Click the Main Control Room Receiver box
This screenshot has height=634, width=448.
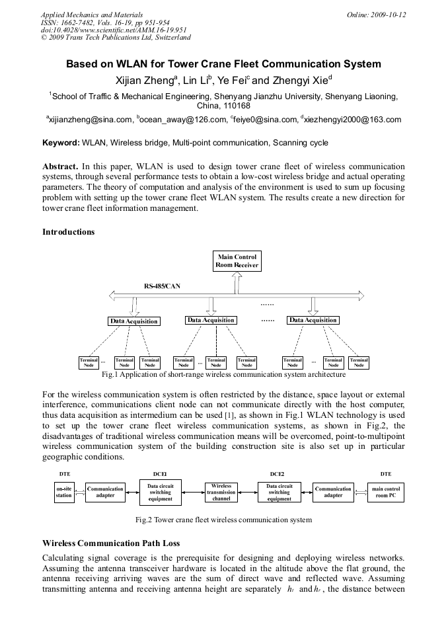coord(237,260)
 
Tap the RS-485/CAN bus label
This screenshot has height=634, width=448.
coord(162,286)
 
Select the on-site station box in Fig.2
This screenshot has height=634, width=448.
coord(64,493)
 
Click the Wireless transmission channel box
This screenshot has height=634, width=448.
coord(221,493)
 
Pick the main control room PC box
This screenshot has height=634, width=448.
coord(386,493)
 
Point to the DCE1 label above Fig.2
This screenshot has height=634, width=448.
coord(160,474)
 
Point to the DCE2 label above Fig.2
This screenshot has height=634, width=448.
coord(278,474)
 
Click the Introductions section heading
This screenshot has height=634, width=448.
coord(69,232)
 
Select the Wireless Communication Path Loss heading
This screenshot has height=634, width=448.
coord(110,543)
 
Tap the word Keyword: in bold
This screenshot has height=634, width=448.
coord(61,143)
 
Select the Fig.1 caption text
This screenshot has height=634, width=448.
coord(223,375)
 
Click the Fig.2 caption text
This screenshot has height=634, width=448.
coord(223,520)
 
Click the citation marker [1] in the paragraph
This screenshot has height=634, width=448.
coord(229,415)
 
